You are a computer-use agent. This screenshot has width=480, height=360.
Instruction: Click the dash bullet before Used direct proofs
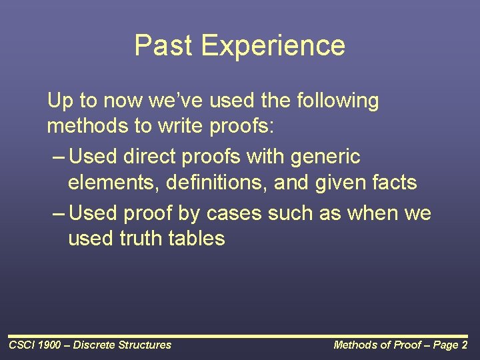[x=58, y=158]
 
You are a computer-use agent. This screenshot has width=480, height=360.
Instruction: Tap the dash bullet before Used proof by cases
[x=58, y=215]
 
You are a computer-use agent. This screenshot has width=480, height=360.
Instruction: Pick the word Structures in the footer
[x=144, y=345]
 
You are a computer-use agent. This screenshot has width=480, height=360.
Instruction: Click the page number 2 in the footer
[x=464, y=345]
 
